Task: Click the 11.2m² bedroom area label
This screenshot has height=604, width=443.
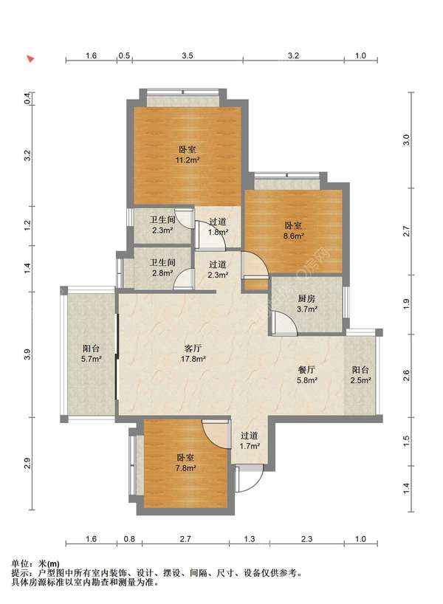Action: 188,155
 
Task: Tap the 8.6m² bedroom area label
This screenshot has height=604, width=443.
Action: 294,230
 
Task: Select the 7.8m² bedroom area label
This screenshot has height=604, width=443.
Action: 185,463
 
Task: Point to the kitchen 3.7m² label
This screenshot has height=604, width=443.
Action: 306,303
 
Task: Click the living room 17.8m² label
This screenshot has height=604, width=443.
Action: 193,354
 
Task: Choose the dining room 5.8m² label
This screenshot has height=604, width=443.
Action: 306,375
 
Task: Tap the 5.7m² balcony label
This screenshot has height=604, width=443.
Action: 92,354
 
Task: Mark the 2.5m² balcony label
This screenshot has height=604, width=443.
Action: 360,375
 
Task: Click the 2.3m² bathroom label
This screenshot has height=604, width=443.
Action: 162,225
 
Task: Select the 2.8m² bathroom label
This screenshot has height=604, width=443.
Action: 162,267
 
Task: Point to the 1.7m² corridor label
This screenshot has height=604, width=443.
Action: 250,441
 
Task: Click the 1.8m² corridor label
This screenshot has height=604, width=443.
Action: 218,227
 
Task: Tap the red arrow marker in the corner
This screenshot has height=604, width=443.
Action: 30,59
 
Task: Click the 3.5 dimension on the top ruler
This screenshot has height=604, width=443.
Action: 188,55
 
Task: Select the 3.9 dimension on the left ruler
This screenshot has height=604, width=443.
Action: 27,354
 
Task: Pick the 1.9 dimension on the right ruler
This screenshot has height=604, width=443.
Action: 406,304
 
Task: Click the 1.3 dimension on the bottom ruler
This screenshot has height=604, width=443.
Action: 250,538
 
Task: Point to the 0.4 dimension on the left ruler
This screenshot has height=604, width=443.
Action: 27,99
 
